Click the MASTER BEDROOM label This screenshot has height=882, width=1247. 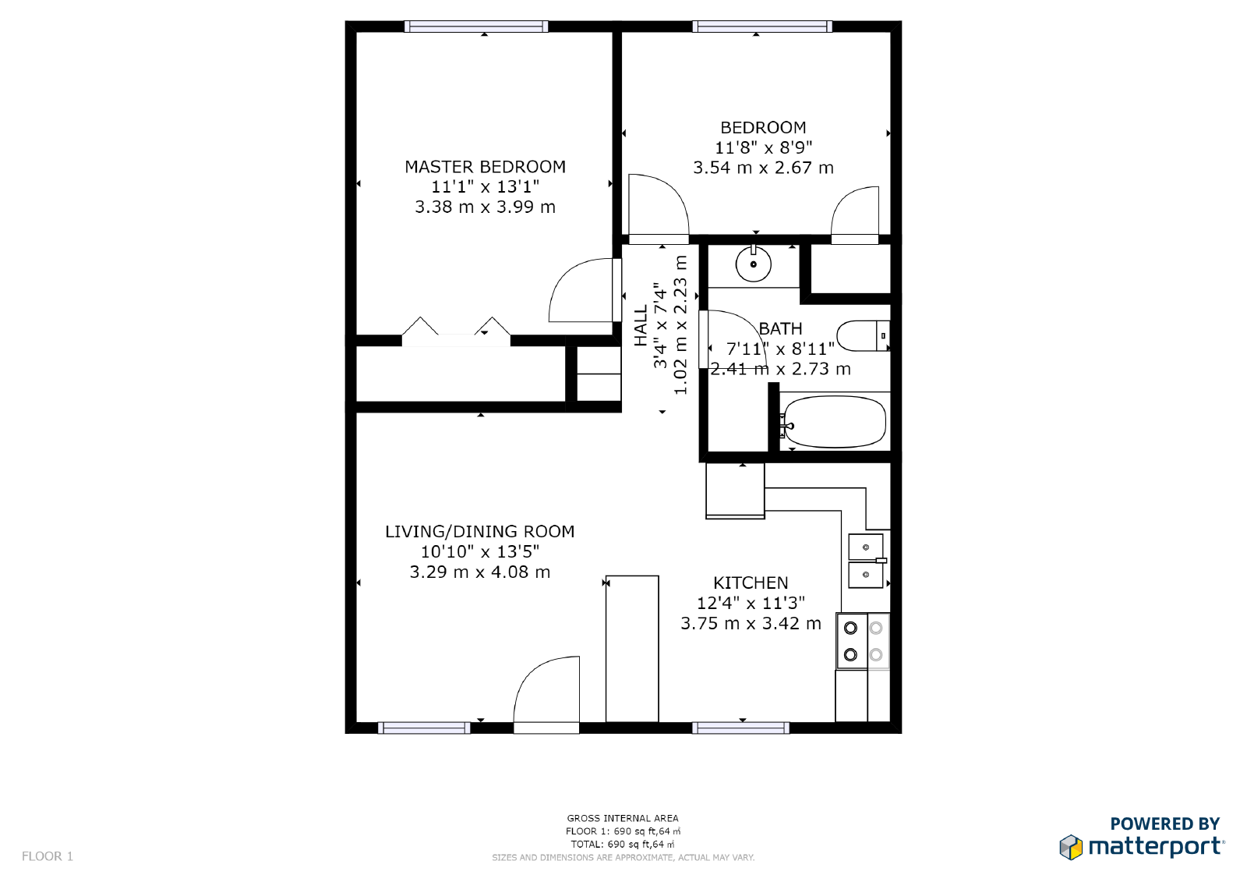(x=485, y=167)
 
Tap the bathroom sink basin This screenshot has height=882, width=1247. (x=754, y=264)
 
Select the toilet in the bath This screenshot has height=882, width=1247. (x=862, y=335)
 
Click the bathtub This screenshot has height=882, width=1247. (x=834, y=422)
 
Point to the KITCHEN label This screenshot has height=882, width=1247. (x=751, y=583)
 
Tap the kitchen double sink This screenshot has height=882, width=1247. (x=865, y=561)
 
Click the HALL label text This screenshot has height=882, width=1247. (x=641, y=326)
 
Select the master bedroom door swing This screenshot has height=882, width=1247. (x=581, y=290)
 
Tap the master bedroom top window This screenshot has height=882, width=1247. (x=476, y=27)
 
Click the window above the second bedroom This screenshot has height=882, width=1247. (x=762, y=27)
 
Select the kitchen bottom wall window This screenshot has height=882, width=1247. (x=740, y=728)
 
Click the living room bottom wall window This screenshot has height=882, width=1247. (x=424, y=728)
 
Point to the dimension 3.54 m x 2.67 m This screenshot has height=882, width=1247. (x=763, y=168)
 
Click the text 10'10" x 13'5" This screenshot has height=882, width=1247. (x=480, y=551)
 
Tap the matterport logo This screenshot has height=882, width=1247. (x=1142, y=846)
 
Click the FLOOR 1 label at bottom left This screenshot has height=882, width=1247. (x=48, y=856)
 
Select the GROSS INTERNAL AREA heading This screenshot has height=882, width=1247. (x=623, y=818)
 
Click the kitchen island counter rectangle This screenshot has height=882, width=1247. (x=632, y=649)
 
